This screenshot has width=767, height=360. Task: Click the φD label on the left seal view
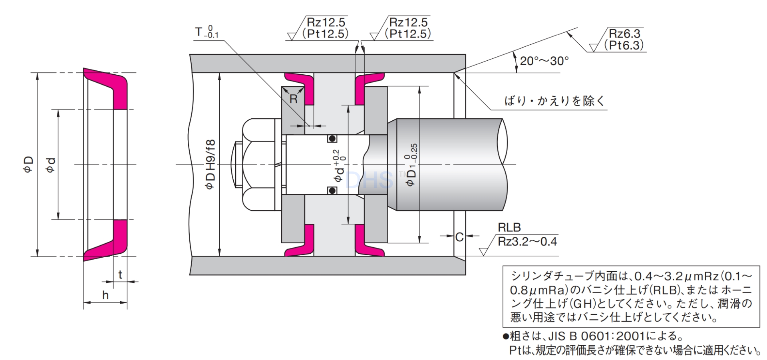click(28, 165)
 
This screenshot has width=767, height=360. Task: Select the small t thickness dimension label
click(120, 275)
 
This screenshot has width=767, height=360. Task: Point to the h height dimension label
click(105, 296)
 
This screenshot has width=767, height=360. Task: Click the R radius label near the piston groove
click(294, 99)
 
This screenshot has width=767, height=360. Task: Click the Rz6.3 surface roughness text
click(624, 33)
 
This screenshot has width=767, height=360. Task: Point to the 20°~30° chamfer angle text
click(544, 61)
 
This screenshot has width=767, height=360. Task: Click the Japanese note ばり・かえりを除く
click(555, 101)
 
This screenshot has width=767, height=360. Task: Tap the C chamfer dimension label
click(459, 237)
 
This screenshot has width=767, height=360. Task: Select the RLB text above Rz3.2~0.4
click(509, 227)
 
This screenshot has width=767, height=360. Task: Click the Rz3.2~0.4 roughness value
click(527, 242)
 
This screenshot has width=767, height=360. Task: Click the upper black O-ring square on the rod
click(332, 139)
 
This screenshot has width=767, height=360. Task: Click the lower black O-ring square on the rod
click(332, 191)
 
